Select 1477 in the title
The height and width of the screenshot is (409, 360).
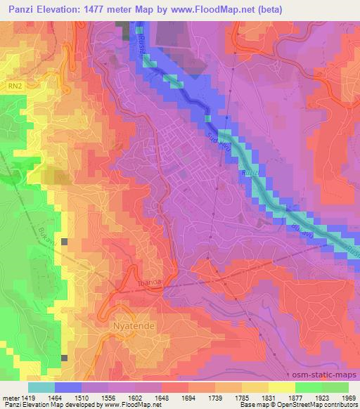pyautogui.click(x=95, y=8)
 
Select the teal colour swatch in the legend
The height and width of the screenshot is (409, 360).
pyautogui.click(x=42, y=387)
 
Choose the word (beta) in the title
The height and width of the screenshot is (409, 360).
pyautogui.click(x=262, y=8)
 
